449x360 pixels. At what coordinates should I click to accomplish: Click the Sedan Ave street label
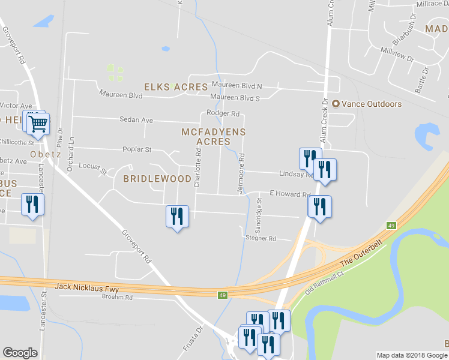pos(136,120)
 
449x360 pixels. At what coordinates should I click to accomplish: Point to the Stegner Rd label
pos(261,238)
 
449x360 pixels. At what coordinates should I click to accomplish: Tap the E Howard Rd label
pos(289,194)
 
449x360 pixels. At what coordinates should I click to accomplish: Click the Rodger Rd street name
pos(223,113)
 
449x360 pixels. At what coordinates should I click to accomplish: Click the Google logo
pos(20,353)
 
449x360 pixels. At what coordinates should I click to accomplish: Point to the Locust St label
pos(92,168)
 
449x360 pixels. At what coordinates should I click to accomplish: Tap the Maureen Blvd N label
pos(236,86)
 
